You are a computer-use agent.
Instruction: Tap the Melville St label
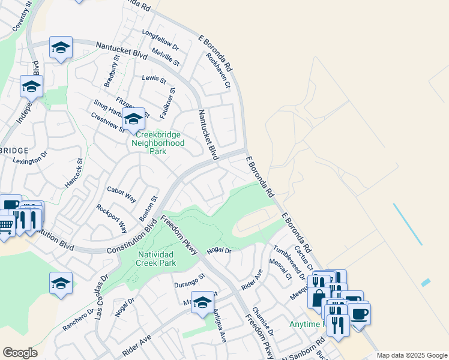click(166, 57)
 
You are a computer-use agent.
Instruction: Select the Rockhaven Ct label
click(218, 70)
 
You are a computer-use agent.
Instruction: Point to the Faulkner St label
click(167, 103)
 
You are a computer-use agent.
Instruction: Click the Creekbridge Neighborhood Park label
click(158, 143)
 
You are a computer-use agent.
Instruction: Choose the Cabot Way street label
click(121, 193)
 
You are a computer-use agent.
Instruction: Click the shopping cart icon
click(5, 226)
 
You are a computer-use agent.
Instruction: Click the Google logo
click(20, 353)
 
